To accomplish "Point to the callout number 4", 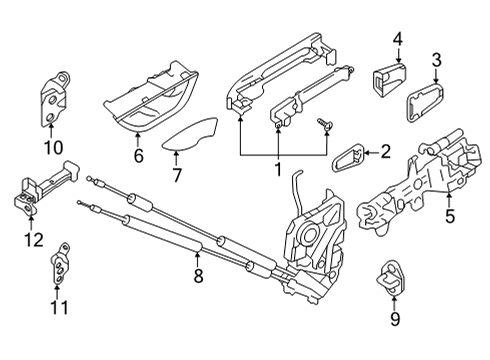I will pos(397,40).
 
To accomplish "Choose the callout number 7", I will pos(176,175).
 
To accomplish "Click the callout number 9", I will pos(394,320).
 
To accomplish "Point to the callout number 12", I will pos(33,239).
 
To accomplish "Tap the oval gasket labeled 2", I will pos(345,155).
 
